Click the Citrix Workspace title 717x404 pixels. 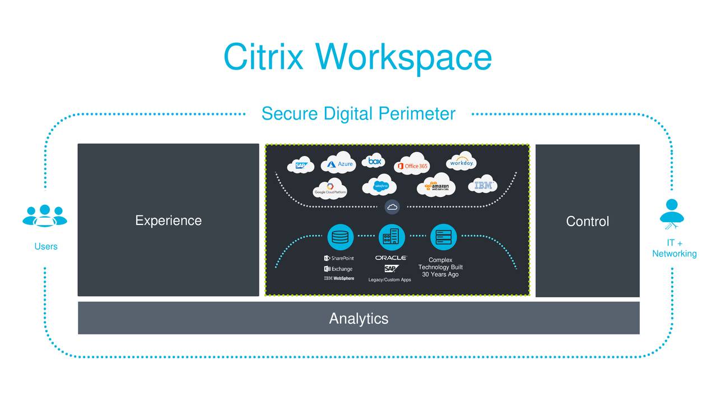357,57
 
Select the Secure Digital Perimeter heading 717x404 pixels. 358,114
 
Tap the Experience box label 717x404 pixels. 168,221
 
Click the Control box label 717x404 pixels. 587,221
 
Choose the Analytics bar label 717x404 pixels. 358,319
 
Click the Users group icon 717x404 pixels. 45,215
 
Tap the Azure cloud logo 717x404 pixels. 339,163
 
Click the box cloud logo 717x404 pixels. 374,161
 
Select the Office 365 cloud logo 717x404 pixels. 412,164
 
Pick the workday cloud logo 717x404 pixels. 462,163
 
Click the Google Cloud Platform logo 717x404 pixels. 330,189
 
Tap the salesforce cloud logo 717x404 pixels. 380,185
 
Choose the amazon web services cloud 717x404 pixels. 436,186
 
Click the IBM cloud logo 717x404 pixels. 482,185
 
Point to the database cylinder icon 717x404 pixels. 340,237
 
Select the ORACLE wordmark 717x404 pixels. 390,258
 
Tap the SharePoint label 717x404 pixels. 339,258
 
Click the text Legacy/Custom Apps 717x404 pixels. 389,279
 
